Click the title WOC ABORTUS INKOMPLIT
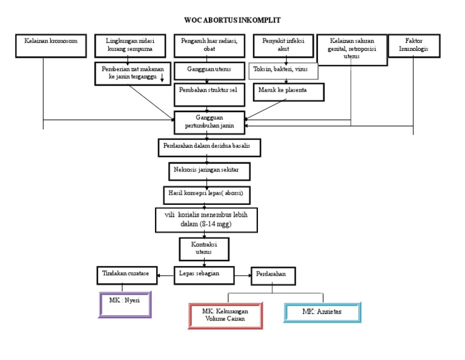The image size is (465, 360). (x=232, y=20)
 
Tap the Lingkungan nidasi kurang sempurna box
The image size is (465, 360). (x=130, y=45)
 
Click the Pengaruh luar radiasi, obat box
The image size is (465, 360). (x=209, y=45)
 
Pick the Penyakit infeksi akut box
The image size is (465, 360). (x=280, y=45)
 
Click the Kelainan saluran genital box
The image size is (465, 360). (x=351, y=49)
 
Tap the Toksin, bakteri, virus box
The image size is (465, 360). (x=283, y=70)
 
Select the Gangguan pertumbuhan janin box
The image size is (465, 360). (x=210, y=122)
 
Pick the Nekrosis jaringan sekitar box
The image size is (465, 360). (x=208, y=171)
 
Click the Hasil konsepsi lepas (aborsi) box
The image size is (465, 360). (x=206, y=195)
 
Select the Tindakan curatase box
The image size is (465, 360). (x=126, y=275)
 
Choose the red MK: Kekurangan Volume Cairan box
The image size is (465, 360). (x=225, y=316)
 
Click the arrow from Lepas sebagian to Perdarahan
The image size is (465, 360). (x=243, y=275)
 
